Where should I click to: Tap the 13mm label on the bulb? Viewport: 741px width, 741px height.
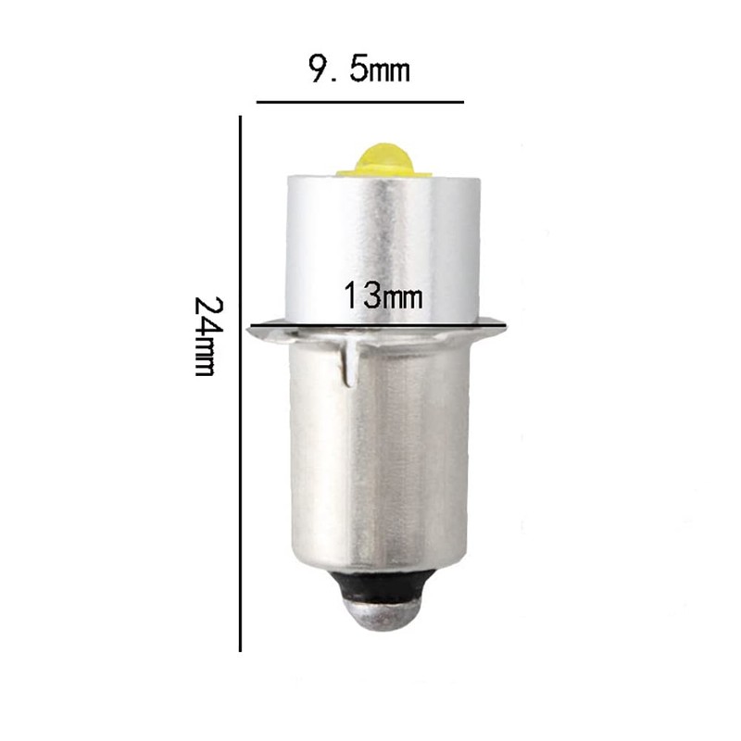383,296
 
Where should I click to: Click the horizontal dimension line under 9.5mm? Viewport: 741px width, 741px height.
359,101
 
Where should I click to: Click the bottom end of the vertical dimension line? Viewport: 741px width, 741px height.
241,650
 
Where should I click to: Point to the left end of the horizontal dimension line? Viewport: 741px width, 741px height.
258,101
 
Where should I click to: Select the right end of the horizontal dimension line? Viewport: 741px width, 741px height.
462,101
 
